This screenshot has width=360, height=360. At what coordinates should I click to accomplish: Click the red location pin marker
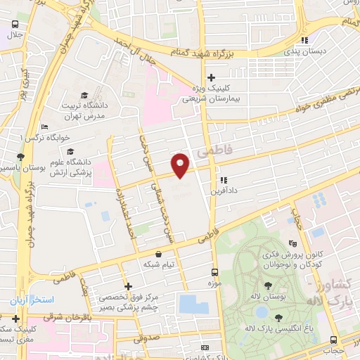point(181,165)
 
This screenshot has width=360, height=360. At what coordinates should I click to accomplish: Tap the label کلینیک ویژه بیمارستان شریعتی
point(211,94)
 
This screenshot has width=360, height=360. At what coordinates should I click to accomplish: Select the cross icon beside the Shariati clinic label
point(211,78)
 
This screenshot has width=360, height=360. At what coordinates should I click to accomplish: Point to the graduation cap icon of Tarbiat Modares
point(84,95)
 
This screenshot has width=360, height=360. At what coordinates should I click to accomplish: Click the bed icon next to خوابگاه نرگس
point(45,127)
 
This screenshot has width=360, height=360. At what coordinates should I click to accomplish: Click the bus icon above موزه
point(214,271)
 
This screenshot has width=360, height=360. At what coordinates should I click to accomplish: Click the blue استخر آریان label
point(27,300)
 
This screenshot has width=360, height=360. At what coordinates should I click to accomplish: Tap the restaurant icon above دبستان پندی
point(304,40)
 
